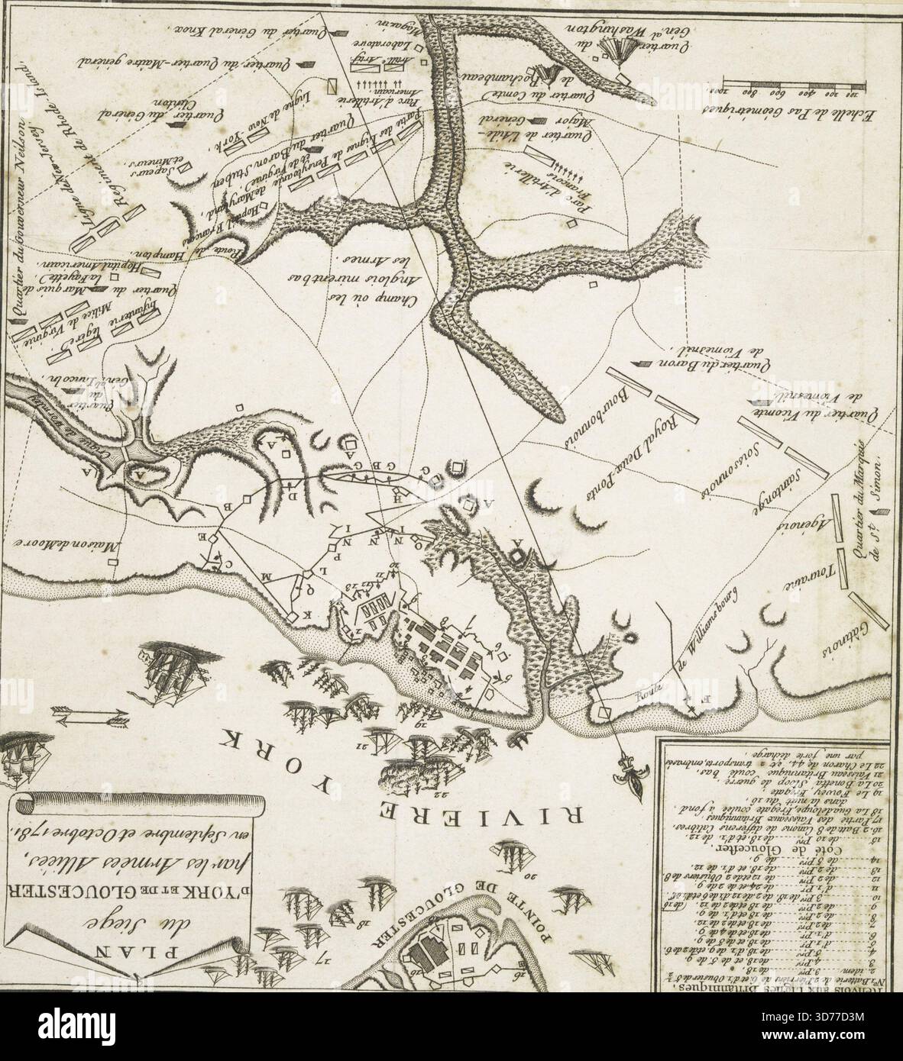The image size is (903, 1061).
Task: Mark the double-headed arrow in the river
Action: pos(90,714)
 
